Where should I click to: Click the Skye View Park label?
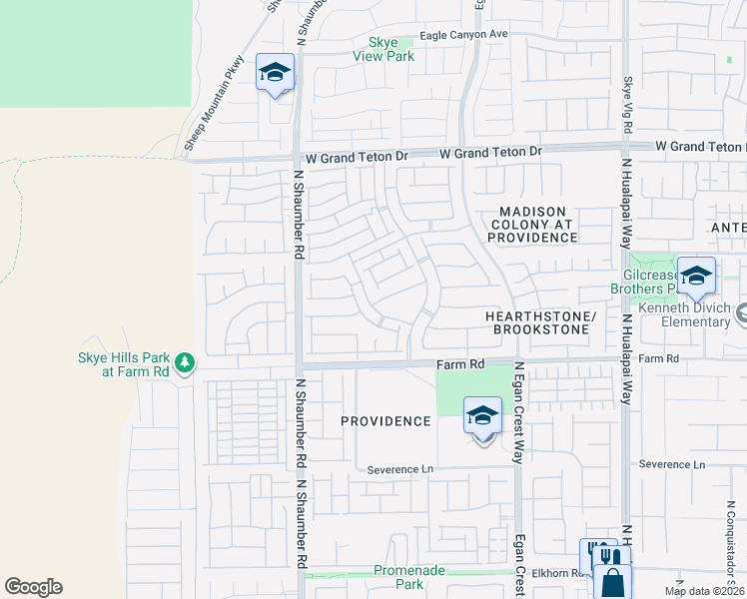click(x=383, y=50)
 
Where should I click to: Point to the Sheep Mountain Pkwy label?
click(x=214, y=104)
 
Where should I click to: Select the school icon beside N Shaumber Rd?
click(x=275, y=73)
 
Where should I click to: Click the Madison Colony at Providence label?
click(x=532, y=226)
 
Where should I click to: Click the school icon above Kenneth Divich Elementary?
click(x=695, y=276)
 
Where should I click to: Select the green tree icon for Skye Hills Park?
click(x=184, y=364)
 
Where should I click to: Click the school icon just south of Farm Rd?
click(x=482, y=416)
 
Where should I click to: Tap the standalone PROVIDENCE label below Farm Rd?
click(x=385, y=421)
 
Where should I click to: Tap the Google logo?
click(x=34, y=587)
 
